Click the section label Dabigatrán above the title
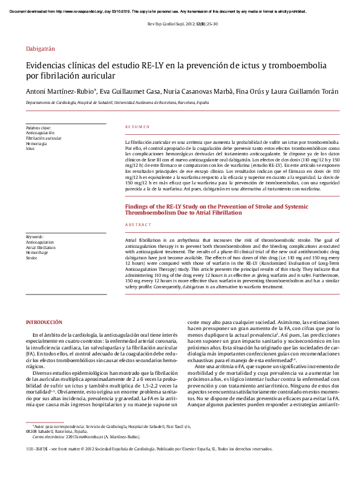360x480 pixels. (x=40, y=48)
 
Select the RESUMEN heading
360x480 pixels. (x=137, y=128)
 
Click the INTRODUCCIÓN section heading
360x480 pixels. (x=44, y=323)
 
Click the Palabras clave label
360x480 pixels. (x=38, y=128)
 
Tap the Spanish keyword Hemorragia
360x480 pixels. (x=36, y=143)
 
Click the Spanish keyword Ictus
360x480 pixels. (x=30, y=148)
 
